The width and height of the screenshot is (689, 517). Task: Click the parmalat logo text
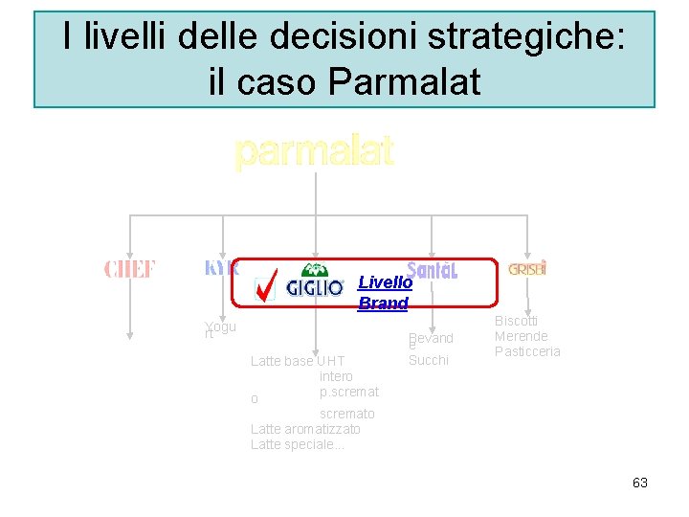(314, 152)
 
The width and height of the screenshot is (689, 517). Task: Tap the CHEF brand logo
(129, 270)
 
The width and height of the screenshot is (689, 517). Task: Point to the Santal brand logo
(432, 271)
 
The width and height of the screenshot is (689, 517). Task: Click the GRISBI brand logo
(527, 270)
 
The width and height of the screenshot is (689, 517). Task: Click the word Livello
(385, 282)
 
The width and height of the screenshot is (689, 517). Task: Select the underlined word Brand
(383, 303)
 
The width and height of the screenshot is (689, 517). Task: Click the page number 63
(640, 483)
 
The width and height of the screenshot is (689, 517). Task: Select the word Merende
(521, 336)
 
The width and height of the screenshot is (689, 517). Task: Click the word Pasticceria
(527, 351)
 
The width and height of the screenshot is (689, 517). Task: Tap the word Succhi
(428, 360)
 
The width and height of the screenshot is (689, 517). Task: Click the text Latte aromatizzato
(305, 429)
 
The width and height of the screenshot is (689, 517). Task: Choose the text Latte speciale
(297, 444)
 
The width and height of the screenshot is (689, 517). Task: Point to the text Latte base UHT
(297, 361)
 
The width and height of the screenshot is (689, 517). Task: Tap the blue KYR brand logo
(221, 268)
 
